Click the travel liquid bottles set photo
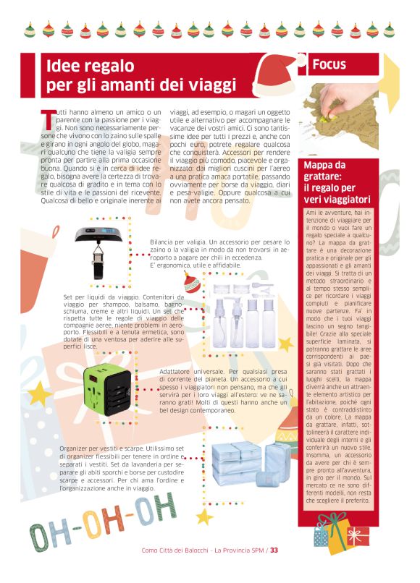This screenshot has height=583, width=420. click(239, 318)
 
